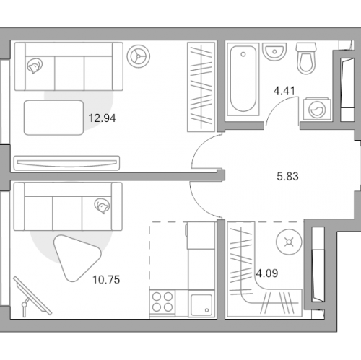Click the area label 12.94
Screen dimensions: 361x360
[102, 118]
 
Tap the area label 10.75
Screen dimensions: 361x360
[106, 280]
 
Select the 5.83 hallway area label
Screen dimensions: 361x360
[287, 176]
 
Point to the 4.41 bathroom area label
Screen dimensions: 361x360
[284, 91]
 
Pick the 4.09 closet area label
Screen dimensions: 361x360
[267, 273]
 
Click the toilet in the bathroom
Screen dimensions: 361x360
[306, 58]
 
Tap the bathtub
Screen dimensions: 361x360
[243, 79]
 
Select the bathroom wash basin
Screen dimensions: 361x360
[274, 51]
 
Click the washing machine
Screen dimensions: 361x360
[317, 109]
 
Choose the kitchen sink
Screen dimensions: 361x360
[201, 304]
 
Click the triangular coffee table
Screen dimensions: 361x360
[76, 258]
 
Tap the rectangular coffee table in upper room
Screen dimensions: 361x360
[53, 118]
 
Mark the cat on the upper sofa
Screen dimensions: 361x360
[35, 66]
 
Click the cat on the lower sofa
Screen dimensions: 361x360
[103, 206]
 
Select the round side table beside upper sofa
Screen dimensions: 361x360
[139, 56]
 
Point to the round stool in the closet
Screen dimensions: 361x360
[289, 242]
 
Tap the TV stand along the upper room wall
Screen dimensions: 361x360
[66, 163]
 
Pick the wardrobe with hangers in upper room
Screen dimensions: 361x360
[201, 87]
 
